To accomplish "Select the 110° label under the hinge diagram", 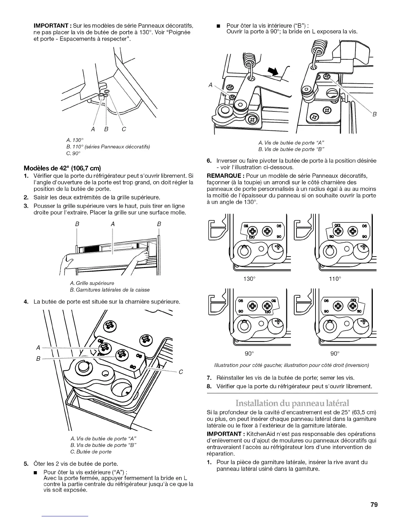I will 335,279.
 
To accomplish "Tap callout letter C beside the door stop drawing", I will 181,372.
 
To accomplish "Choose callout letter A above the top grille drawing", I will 112,224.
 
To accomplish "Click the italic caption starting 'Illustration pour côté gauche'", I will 291,365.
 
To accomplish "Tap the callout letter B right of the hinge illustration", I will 374,114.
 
